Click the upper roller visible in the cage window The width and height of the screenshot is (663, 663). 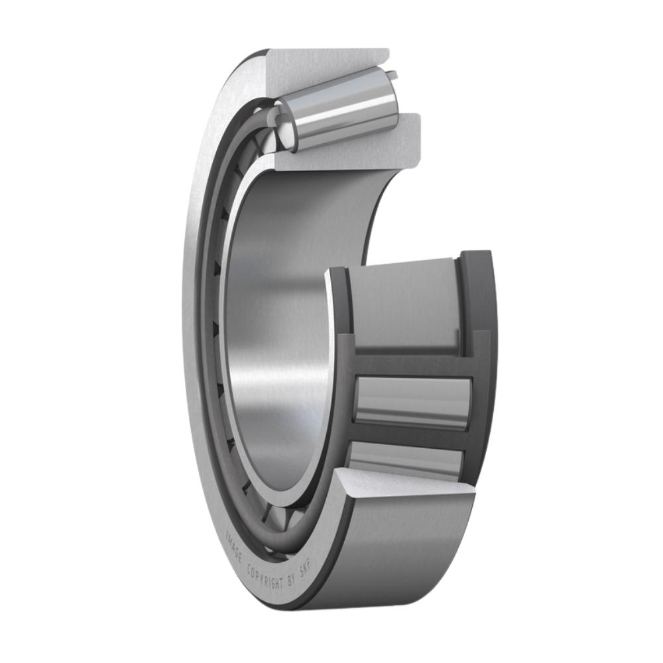[x=412, y=401]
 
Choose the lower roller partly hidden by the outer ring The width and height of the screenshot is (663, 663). [x=404, y=457]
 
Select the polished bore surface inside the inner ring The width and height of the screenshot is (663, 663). [x=278, y=331]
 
